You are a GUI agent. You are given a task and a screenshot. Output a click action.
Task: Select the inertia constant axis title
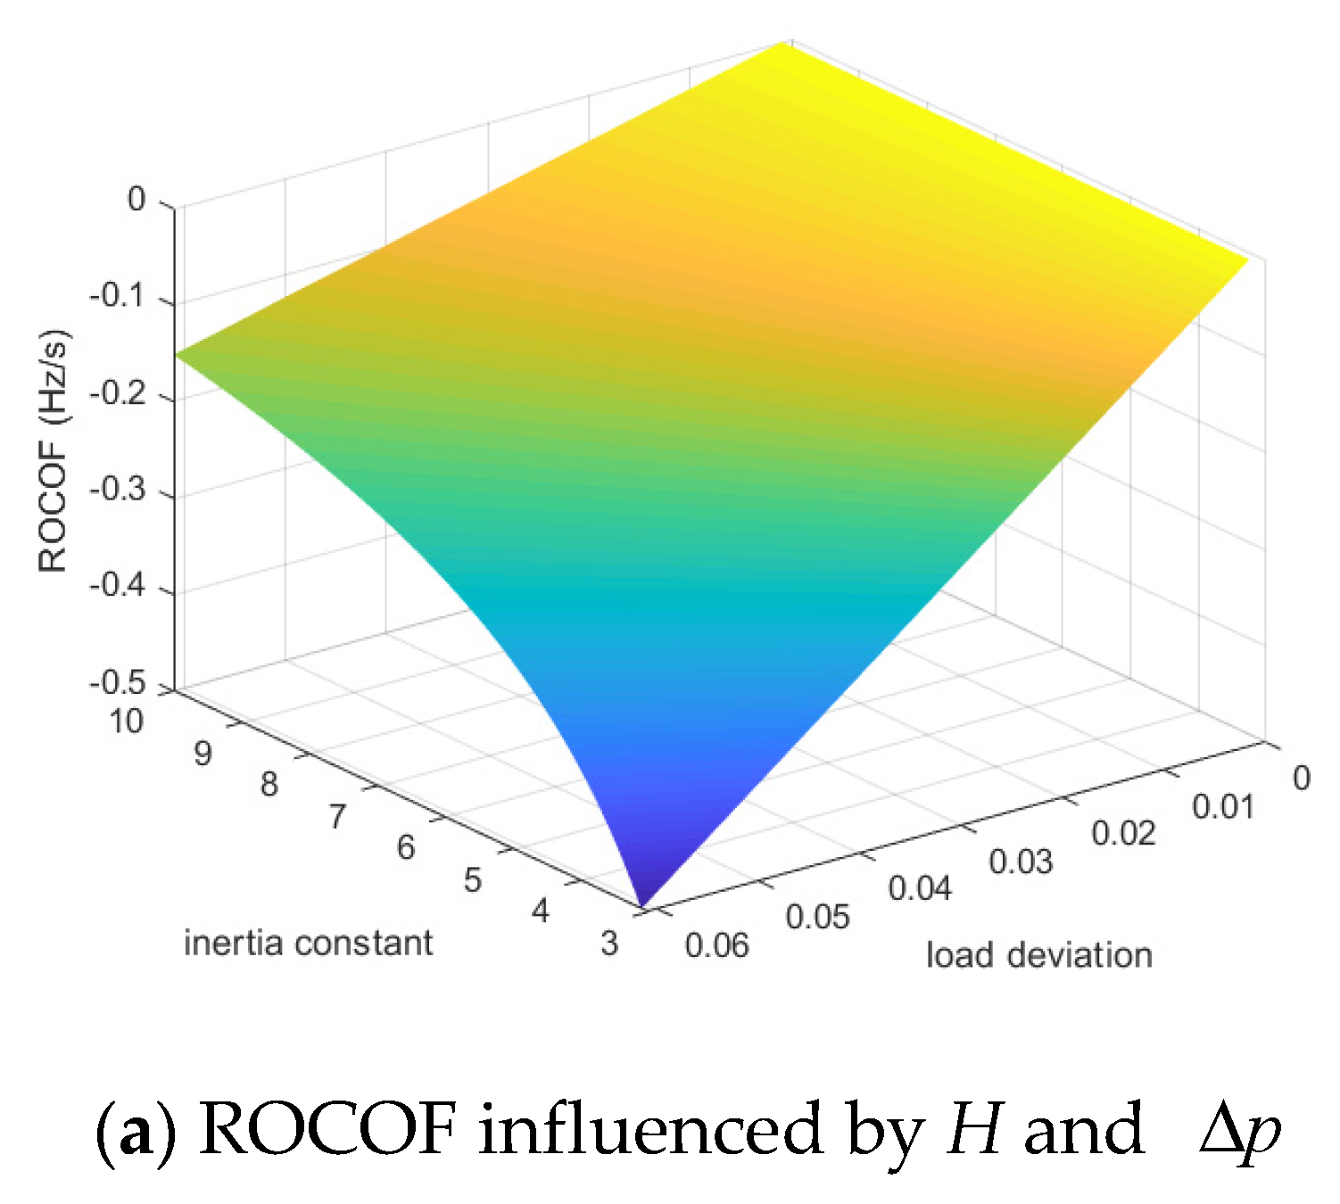308,943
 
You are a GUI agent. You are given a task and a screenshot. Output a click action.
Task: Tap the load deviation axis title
1039,955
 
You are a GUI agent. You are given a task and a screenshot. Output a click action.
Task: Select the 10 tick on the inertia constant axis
126,721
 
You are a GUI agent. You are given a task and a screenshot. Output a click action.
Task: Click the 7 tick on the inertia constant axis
336,816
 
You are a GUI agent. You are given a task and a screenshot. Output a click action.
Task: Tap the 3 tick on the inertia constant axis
609,943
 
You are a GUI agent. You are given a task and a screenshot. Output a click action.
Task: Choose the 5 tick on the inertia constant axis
473,879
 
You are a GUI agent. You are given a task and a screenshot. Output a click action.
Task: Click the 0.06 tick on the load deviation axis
717,944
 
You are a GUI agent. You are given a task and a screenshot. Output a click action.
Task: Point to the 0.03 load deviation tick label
1021,862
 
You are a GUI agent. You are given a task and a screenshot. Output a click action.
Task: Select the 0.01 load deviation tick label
1223,806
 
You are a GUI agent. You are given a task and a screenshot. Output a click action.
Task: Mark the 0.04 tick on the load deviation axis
920,888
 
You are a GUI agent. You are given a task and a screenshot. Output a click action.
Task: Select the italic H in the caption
975,1130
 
